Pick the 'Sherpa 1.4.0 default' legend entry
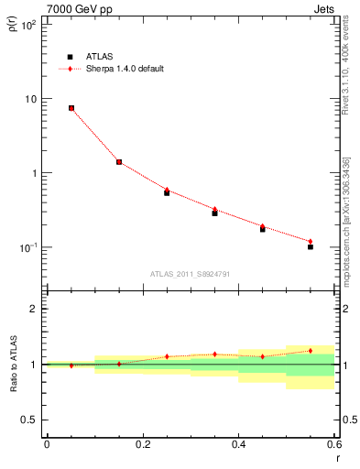tap(125, 69)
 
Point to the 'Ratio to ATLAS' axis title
tap(12, 364)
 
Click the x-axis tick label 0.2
tap(142, 444)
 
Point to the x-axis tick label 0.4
tap(238, 444)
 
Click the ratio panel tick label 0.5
tap(30, 420)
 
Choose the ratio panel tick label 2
tap(34, 309)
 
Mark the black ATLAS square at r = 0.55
tap(311, 247)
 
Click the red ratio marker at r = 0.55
tap(311, 350)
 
